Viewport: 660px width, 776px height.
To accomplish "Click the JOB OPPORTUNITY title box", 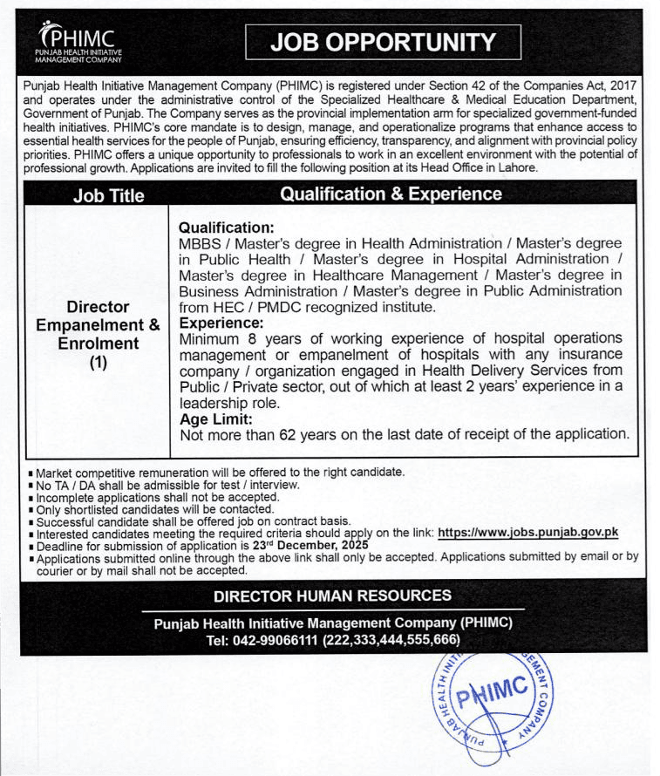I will pos(383,43).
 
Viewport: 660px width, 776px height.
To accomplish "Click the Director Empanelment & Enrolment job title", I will pos(98,325).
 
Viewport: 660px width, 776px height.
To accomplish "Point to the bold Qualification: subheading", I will pos(226,227).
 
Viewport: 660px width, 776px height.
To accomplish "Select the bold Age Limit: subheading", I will pos(215,419).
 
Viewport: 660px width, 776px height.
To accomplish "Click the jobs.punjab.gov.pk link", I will pos(527,532).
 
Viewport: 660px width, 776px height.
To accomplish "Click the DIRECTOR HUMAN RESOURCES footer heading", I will pos(332,596).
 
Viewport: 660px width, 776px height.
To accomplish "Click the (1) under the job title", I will pos(98,362).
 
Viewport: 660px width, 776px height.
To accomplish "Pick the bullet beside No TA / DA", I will pos(31,485).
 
